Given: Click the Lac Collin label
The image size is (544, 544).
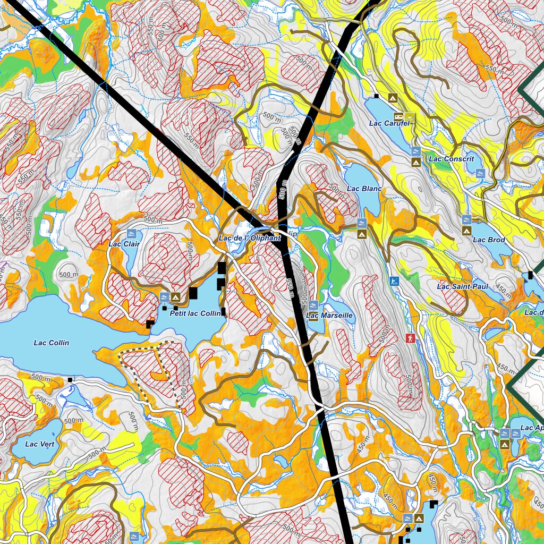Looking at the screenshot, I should point(52,343).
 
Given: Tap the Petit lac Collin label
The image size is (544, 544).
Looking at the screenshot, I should point(195,314).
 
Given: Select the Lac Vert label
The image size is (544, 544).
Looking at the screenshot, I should point(40,444).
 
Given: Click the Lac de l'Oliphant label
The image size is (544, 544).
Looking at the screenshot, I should point(249,238).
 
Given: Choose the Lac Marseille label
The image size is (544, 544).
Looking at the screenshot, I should point(330,315).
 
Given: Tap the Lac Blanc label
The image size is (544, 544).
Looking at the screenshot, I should point(364,189).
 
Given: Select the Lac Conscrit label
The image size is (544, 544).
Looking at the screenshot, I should point(451,159).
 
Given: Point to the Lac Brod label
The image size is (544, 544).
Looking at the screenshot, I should point(489,240).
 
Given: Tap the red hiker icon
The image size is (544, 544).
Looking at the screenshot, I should point(410,338).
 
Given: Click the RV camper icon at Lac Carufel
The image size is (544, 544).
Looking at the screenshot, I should point(398,116).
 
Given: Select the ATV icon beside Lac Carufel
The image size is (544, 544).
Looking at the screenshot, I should point(409,116).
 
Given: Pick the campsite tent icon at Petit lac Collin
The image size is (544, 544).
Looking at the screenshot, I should point(176,296).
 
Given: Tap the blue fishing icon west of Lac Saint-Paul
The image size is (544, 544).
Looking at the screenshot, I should point(394,280).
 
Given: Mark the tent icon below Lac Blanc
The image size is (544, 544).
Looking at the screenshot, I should point(362,233).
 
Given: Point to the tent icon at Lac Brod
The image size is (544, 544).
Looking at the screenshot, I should point(466,230).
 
